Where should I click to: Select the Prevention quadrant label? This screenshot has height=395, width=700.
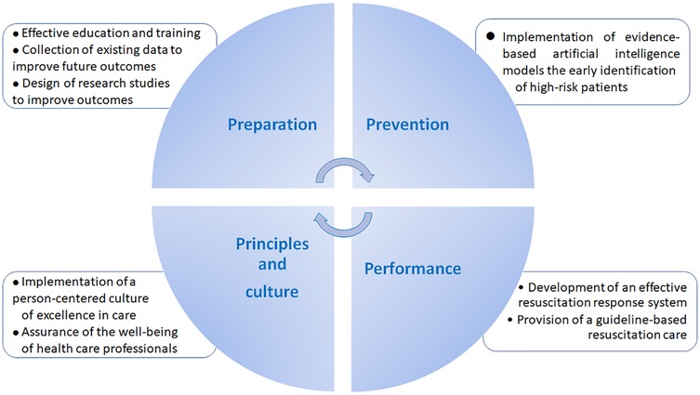[x=406, y=124]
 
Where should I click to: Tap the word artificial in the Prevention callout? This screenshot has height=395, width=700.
[x=571, y=54]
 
